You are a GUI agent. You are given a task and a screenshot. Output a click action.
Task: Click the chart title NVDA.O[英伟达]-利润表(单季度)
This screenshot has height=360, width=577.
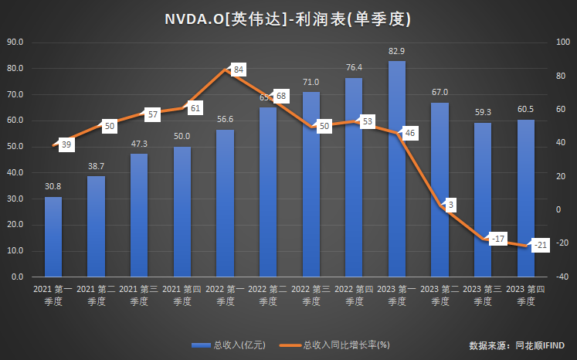point(287,19)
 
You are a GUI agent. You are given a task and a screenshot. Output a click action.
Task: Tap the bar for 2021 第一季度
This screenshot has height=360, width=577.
point(53,236)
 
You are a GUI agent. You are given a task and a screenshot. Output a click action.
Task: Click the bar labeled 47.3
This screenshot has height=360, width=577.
point(139,215)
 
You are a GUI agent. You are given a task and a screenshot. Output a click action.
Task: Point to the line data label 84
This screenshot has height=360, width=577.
point(239,70)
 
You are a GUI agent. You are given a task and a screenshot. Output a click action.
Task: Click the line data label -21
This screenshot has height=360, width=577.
point(541,246)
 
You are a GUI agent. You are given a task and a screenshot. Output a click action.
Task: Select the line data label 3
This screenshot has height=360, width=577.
point(450,205)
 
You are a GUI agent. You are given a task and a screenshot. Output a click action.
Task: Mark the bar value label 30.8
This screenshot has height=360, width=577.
point(53,187)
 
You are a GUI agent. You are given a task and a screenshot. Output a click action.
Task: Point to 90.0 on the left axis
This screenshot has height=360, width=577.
point(16,42)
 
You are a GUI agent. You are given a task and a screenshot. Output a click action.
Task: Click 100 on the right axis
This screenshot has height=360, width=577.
point(563,42)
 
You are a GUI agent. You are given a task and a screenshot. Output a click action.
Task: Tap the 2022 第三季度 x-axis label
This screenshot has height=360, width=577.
point(311,295)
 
